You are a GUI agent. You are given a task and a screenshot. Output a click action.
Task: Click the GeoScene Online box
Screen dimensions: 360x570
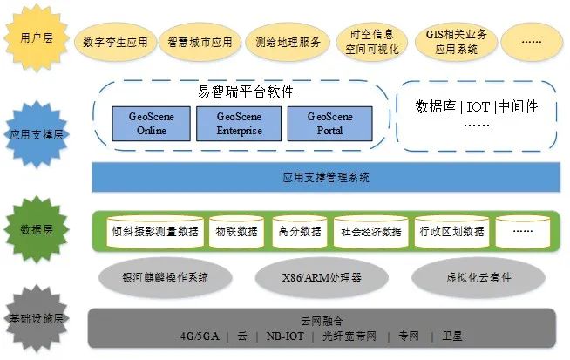pyautogui.click(x=151, y=124)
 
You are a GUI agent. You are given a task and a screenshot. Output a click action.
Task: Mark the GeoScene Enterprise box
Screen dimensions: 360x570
pyautogui.click(x=239, y=124)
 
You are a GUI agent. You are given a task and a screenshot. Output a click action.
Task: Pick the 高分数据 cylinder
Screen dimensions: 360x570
pyautogui.click(x=299, y=232)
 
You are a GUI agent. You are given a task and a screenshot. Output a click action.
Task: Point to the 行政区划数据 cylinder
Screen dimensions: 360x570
pyautogui.click(x=451, y=232)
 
